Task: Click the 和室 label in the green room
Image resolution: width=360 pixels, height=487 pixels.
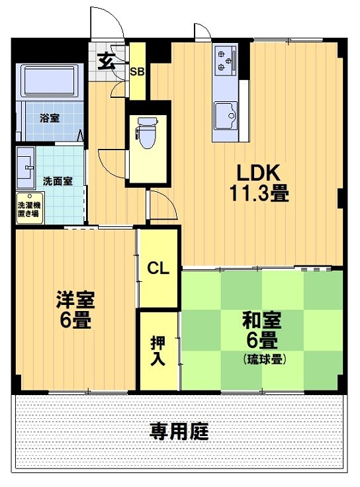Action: tap(261, 322)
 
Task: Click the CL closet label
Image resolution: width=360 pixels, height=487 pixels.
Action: tap(158, 268)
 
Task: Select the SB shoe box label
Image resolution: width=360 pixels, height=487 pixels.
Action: tap(137, 72)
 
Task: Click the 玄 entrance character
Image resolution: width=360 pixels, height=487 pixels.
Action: tap(105, 61)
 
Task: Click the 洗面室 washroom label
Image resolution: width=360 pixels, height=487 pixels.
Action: tap(58, 180)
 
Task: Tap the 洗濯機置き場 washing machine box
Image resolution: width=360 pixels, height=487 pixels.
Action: tap(27, 209)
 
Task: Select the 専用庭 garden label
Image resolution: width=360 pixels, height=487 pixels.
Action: tap(179, 432)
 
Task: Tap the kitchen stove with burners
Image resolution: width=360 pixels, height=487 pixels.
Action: tap(225, 61)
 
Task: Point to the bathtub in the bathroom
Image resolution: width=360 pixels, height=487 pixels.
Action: tap(50, 81)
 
